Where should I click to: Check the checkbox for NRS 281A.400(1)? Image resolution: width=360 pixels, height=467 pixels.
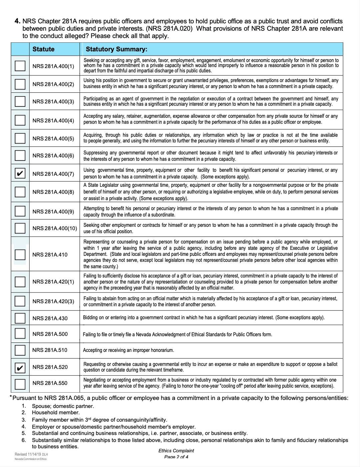tap(20, 66)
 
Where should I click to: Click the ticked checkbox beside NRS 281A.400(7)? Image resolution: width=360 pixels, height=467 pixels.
tap(20, 173)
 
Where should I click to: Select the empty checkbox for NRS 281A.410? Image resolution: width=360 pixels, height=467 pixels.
tap(20, 255)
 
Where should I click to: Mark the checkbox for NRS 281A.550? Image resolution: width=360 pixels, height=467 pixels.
tap(20, 383)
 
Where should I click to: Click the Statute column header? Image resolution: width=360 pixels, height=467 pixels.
tap(43, 49)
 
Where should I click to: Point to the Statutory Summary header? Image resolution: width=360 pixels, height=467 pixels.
tap(116, 49)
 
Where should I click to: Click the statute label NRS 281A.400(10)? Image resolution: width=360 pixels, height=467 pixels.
tap(55, 228)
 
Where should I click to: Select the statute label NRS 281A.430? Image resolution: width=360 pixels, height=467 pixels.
tap(50, 318)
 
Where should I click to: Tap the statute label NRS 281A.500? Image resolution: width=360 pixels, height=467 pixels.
tap(50, 334)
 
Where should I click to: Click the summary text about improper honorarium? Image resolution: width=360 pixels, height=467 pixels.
tap(128, 350)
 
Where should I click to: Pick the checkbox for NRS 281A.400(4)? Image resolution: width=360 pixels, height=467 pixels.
tap(20, 120)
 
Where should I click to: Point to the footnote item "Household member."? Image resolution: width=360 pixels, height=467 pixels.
tap(56, 413)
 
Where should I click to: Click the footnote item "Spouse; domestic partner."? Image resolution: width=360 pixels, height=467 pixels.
tap(63, 406)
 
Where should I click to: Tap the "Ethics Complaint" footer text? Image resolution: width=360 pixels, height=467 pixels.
tap(176, 451)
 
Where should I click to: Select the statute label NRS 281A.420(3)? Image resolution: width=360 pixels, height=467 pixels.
tap(53, 302)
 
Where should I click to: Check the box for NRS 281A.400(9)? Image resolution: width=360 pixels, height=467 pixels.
tap(20, 211)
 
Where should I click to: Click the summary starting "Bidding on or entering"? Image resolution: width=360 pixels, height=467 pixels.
tap(203, 318)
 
